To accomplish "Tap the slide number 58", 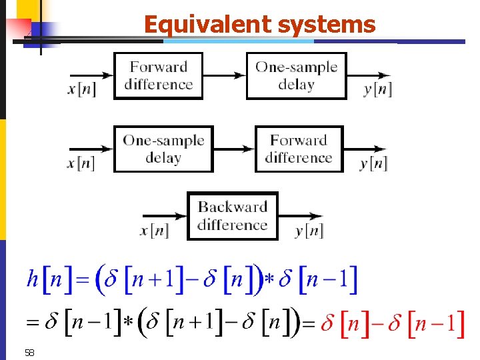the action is pyautogui.click(x=29, y=352).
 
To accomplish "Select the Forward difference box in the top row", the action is pyautogui.click(x=158, y=75).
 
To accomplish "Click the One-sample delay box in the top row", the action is pyautogui.click(x=296, y=75).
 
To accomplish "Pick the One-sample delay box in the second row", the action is pyautogui.click(x=163, y=149).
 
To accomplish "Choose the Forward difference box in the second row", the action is pyautogui.click(x=299, y=149).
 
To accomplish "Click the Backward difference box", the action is pyautogui.click(x=232, y=215).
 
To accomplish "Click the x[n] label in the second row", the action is pyautogui.click(x=81, y=163).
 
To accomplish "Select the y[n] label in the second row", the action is pyautogui.click(x=373, y=163).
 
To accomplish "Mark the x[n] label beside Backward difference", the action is pyautogui.click(x=155, y=231).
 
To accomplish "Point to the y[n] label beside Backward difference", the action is pyautogui.click(x=309, y=231).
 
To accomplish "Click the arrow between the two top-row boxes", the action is pyautogui.click(x=225, y=75).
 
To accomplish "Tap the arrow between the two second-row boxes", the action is pyautogui.click(x=234, y=149).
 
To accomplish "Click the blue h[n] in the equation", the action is pyautogui.click(x=44, y=279).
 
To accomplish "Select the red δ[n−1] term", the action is pyautogui.click(x=427, y=324).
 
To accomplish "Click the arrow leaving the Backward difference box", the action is pyautogui.click(x=300, y=215).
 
